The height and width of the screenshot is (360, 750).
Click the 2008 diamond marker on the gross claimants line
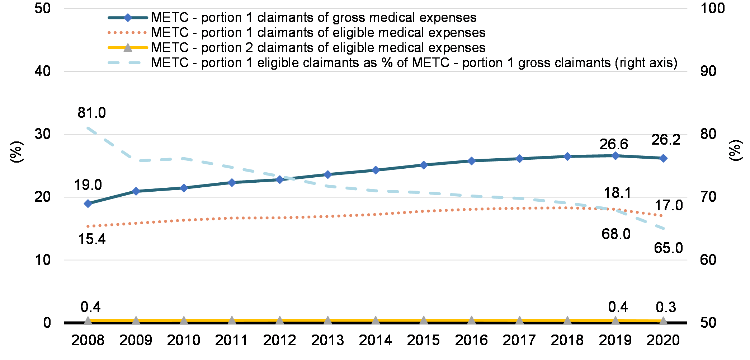coord(88,204)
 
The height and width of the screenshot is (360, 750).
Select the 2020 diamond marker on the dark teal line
coord(663,158)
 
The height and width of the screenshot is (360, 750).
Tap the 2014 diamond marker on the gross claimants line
coord(376,170)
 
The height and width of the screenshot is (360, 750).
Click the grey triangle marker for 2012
coord(280,320)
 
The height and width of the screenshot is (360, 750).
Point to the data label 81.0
coord(92,113)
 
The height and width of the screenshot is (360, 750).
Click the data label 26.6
coord(614,144)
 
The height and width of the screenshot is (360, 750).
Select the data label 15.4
coord(92,239)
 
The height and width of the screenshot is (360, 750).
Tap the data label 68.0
coord(616,234)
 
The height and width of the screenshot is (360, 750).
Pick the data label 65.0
coord(668,248)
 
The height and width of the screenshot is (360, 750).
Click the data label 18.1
coord(617,193)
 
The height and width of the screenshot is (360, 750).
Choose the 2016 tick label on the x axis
coord(471,340)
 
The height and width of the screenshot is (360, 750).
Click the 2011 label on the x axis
coord(231,340)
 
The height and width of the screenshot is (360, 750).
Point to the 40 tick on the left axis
coord(43,71)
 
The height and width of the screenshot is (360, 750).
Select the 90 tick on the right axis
coord(708,71)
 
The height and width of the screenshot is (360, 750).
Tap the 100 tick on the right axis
coord(712,8)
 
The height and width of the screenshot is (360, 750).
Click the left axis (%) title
coord(16,152)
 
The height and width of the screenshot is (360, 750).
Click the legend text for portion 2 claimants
coord(318,47)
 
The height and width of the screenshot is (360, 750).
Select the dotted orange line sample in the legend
coord(127,33)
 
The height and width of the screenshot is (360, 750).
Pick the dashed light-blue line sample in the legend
coord(127,63)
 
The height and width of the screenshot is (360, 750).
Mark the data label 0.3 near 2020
coord(666,307)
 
